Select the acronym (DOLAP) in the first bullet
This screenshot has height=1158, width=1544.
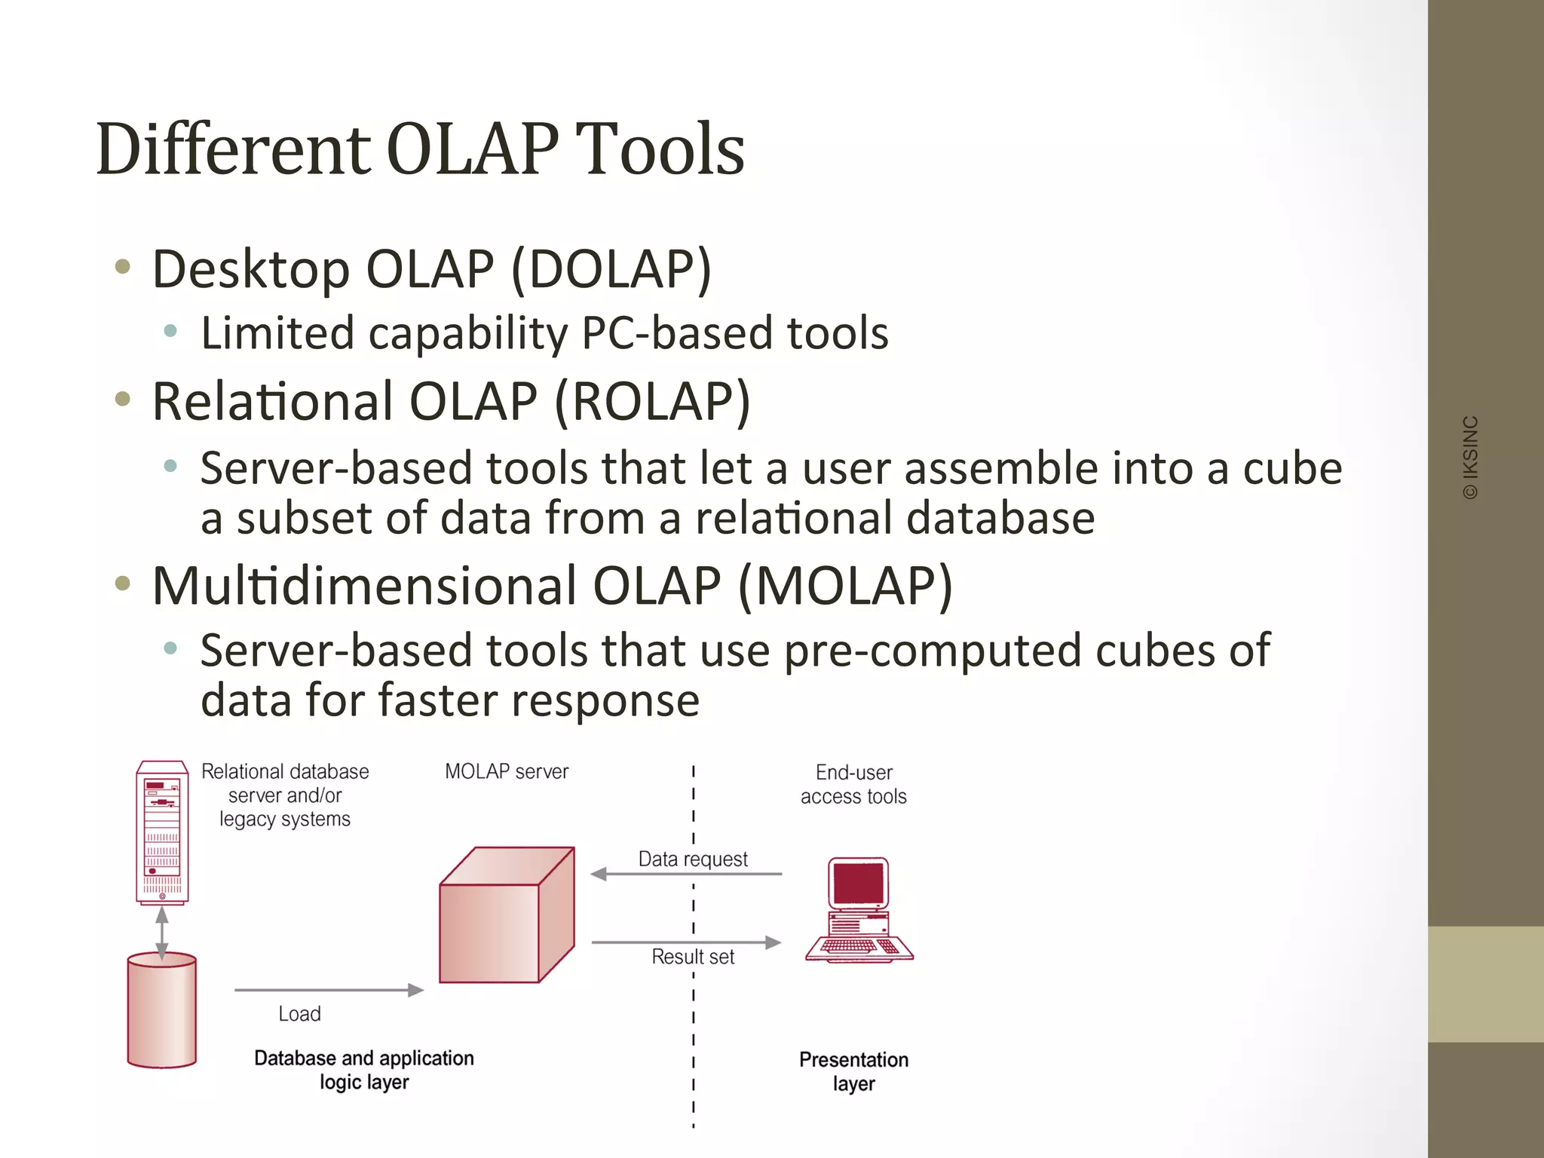(x=611, y=269)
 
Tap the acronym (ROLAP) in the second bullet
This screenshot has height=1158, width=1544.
(x=653, y=401)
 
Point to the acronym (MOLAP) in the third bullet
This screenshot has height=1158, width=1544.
(x=845, y=586)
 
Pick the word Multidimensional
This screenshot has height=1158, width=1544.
(x=363, y=586)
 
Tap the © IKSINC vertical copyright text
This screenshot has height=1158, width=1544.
(x=1470, y=458)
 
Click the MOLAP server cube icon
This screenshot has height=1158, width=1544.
(x=507, y=915)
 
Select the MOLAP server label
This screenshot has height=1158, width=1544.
(x=507, y=771)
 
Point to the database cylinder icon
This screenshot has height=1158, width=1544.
(x=162, y=1010)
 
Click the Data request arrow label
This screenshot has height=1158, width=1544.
(x=693, y=859)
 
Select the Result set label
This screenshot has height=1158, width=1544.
(x=693, y=957)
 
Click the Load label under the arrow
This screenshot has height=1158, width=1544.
(x=299, y=1014)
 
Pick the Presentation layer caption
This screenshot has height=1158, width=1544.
(x=853, y=1071)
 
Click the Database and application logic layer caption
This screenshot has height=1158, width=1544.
(x=364, y=1070)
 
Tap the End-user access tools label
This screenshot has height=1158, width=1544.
(x=853, y=784)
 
